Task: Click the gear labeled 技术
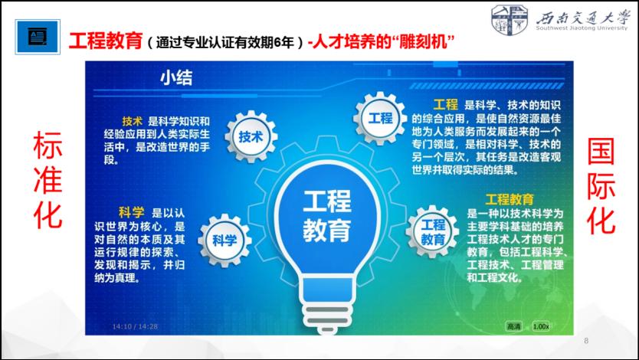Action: tap(251, 136)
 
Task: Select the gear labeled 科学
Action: tap(224, 240)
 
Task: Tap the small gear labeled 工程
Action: tap(380, 119)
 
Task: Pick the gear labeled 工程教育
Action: tap(432, 231)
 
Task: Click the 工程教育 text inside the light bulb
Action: tap(327, 216)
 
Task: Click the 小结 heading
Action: tap(176, 77)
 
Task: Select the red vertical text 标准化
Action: tap(48, 179)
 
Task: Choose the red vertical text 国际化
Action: tap(601, 185)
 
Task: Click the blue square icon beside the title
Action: tap(38, 37)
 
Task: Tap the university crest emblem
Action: tap(509, 18)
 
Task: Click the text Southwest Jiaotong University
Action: tap(582, 28)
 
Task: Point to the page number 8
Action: tap(586, 340)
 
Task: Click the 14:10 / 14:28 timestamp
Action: tap(135, 326)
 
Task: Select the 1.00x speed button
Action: tap(541, 326)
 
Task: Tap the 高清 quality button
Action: tap(513, 326)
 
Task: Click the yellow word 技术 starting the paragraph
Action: tap(133, 121)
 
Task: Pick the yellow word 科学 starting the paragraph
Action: tap(132, 212)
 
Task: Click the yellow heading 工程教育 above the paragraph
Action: tap(510, 199)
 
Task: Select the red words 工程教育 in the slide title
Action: tap(106, 41)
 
